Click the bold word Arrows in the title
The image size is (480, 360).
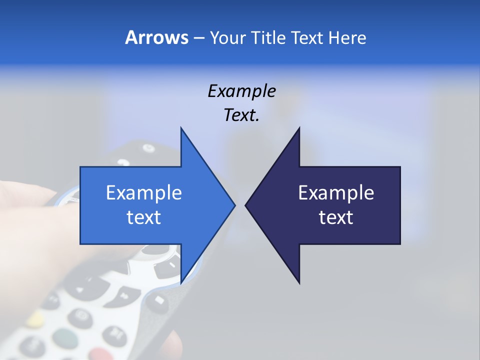pos(156,37)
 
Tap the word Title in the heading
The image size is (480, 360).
pos(269,37)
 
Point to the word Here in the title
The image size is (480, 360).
pos(347,37)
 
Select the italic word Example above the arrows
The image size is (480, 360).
pos(241,91)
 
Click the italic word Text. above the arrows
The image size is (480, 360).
pos(241,115)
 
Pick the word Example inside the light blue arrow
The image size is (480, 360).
pos(144,192)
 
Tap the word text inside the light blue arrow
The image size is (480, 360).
pos(144,217)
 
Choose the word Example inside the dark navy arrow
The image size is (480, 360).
pos(336,192)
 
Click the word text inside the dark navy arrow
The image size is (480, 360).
pos(336,217)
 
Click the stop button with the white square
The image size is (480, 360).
pos(158,299)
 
